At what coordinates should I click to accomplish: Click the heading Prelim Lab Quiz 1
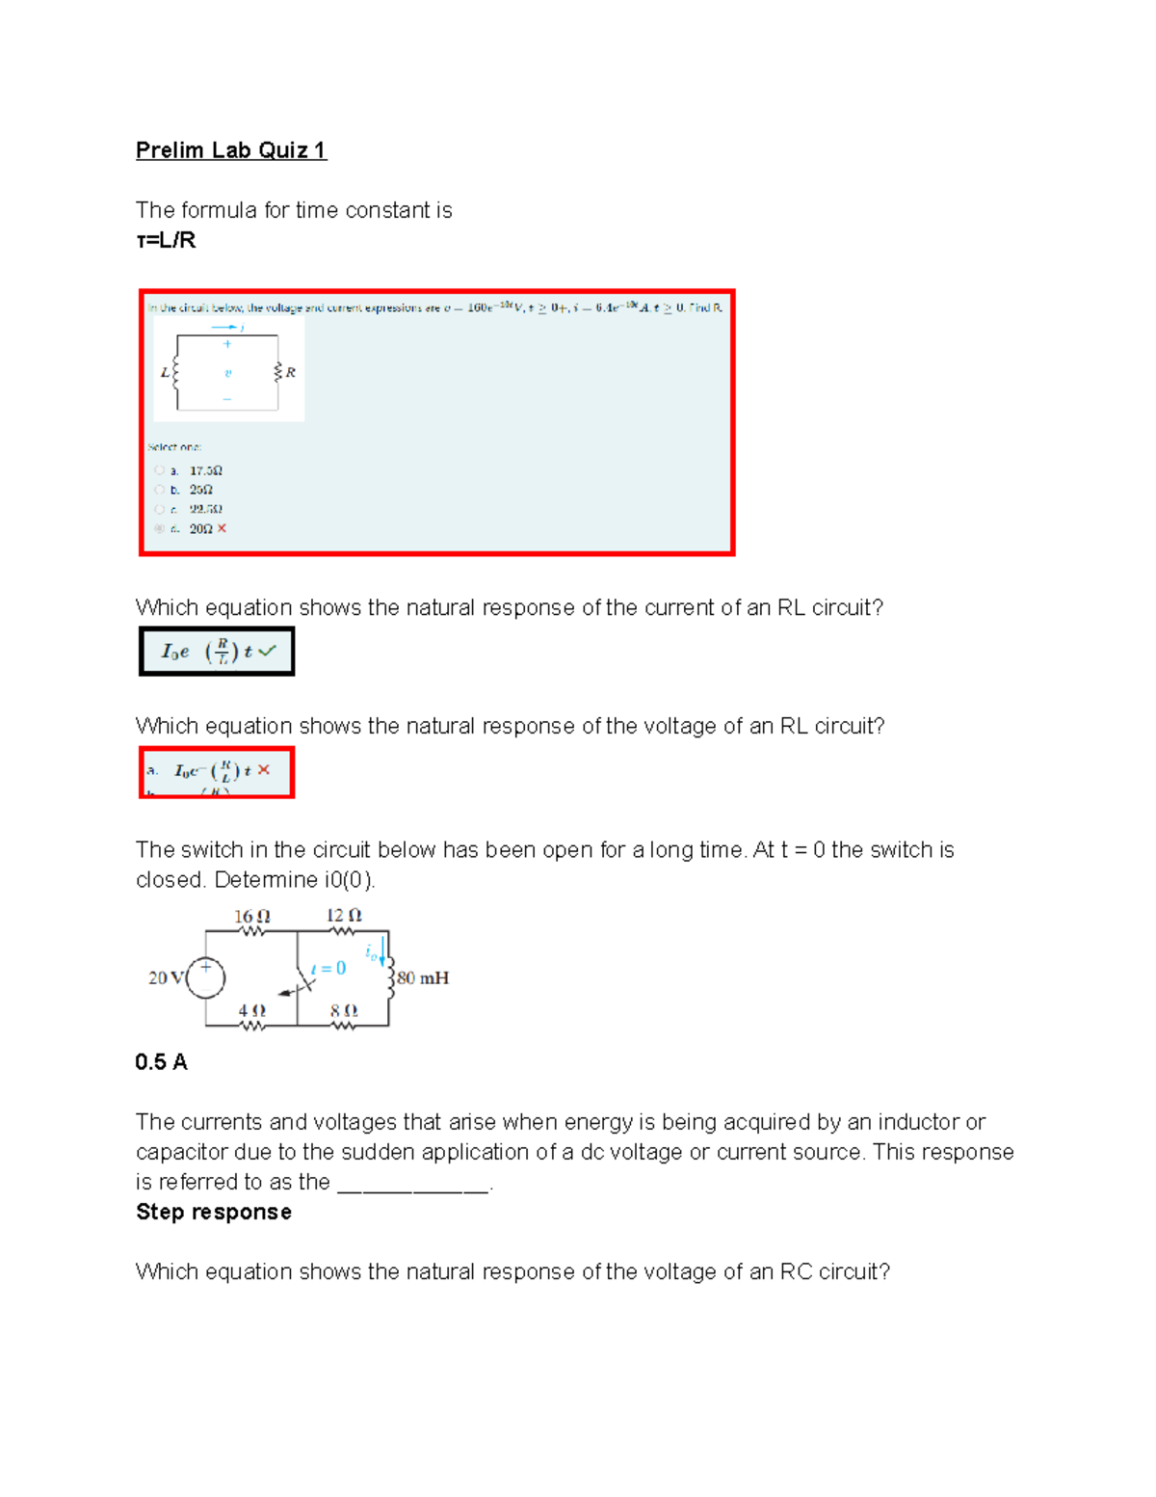pyautogui.click(x=231, y=150)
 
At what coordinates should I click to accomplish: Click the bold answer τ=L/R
pyautogui.click(x=166, y=240)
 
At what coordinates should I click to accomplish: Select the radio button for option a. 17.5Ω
pyautogui.click(x=159, y=470)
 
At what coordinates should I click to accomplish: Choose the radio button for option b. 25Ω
pyautogui.click(x=159, y=490)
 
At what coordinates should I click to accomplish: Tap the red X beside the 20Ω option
pyautogui.click(x=222, y=528)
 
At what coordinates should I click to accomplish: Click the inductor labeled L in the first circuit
pyautogui.click(x=174, y=372)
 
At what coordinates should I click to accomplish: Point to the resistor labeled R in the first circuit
pyautogui.click(x=278, y=372)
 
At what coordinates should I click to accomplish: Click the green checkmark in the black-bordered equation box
pyautogui.click(x=267, y=651)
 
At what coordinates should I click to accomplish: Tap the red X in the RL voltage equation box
pyautogui.click(x=264, y=770)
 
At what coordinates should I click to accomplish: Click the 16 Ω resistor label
pyautogui.click(x=251, y=917)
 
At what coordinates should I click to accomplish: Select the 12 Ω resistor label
pyautogui.click(x=344, y=916)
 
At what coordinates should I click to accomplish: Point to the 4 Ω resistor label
pyautogui.click(x=251, y=1010)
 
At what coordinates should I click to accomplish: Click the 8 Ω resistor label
pyautogui.click(x=344, y=1010)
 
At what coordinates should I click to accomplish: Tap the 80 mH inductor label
pyautogui.click(x=423, y=977)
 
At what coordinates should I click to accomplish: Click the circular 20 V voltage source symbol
pyautogui.click(x=205, y=977)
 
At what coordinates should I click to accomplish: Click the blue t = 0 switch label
pyautogui.click(x=328, y=968)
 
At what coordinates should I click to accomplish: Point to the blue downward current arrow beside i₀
pyautogui.click(x=383, y=950)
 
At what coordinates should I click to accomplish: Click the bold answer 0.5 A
pyautogui.click(x=161, y=1062)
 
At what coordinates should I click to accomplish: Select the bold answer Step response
pyautogui.click(x=213, y=1212)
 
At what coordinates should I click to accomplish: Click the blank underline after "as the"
pyautogui.click(x=413, y=1185)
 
